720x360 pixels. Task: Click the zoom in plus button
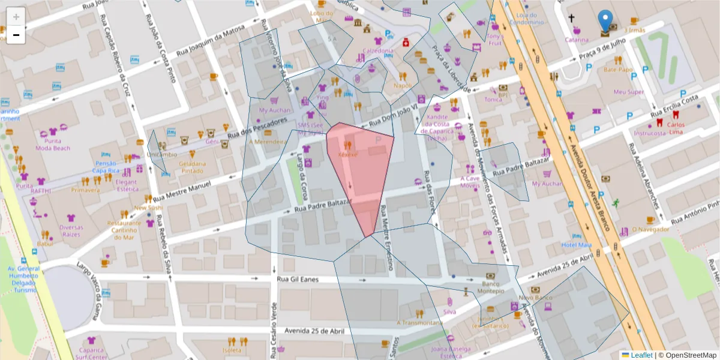(16, 17)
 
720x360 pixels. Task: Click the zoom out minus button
(16, 35)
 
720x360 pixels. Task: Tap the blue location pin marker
(605, 22)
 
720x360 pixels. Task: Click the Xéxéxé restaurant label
(348, 154)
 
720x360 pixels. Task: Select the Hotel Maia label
(576, 245)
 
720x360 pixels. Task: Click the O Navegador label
(650, 230)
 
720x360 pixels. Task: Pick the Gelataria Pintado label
(192, 167)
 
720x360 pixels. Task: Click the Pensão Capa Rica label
(104, 167)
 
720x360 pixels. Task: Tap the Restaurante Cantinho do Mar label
(124, 230)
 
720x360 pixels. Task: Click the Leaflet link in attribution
(641, 355)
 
